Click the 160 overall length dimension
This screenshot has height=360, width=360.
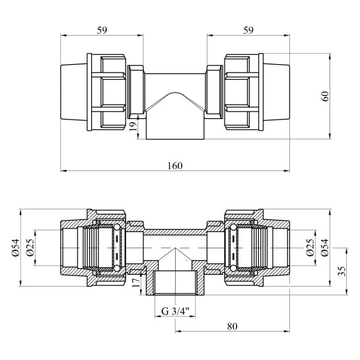point(175,166)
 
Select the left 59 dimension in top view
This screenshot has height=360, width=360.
point(102,30)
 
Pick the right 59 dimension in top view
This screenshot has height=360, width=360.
point(248,30)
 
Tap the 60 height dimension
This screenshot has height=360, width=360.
point(325,96)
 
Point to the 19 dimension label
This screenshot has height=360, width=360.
point(133,126)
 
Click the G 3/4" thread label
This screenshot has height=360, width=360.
point(175,311)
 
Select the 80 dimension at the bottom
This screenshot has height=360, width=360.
point(233,326)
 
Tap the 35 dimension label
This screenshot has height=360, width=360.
point(342,271)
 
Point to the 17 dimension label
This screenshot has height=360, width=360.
point(135,282)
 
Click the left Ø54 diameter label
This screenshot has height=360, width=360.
point(16,248)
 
